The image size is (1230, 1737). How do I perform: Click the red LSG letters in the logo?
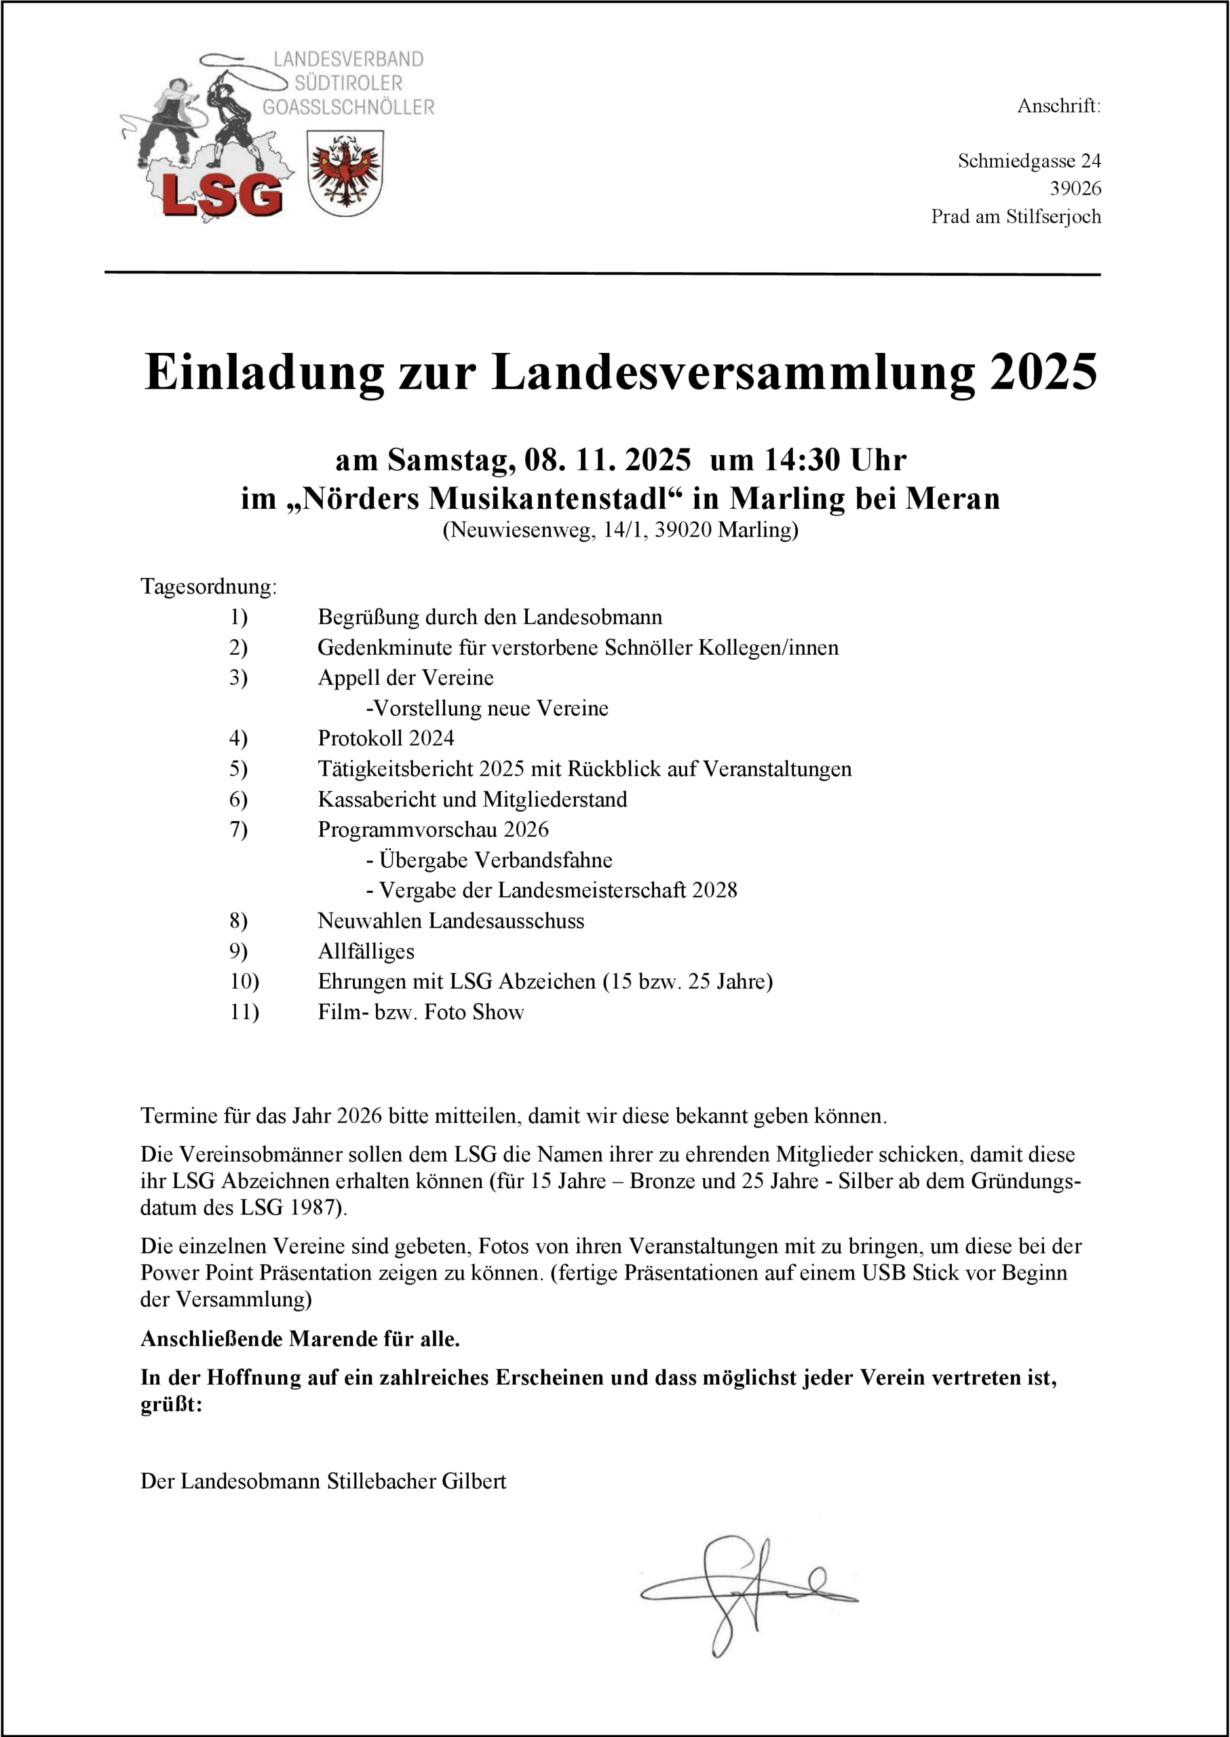point(222,195)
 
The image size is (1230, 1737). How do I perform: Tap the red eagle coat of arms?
point(345,173)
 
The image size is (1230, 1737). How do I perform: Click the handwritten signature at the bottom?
point(746,1594)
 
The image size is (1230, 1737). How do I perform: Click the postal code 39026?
point(1075,189)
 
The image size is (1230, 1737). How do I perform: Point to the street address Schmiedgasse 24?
point(1029,161)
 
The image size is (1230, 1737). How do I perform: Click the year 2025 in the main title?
point(1043,373)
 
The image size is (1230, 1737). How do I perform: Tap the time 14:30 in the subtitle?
point(803,460)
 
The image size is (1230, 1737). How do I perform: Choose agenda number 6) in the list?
point(239,799)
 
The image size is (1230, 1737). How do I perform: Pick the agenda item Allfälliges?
point(366,951)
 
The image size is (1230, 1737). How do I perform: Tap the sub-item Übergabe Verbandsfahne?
point(495,860)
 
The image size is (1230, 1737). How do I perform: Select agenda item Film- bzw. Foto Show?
point(421,1012)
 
